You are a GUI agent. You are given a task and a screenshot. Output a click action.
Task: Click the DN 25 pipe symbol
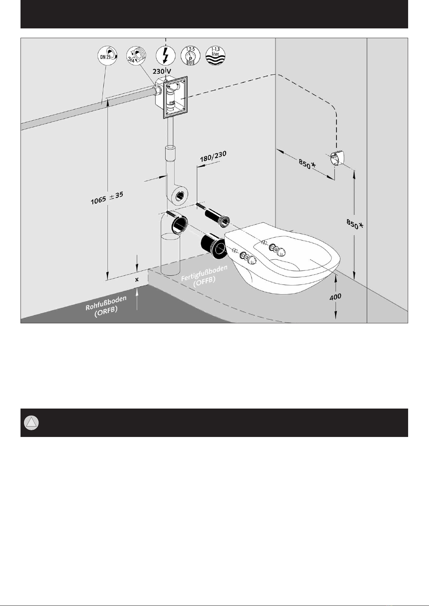(108, 56)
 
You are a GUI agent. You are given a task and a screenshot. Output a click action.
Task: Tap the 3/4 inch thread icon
(136, 56)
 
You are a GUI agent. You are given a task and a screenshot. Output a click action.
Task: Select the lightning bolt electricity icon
(166, 56)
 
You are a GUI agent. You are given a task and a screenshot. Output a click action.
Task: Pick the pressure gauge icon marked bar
(190, 56)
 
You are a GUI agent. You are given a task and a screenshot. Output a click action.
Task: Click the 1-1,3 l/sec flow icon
(216, 56)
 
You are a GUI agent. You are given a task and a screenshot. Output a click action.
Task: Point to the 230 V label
(162, 71)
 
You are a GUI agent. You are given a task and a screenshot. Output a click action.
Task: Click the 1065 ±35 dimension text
(107, 198)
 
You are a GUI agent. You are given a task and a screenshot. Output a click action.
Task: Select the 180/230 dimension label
(213, 156)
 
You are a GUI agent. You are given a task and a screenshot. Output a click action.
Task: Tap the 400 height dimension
(335, 297)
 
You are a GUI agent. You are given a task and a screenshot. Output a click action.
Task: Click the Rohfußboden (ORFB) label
(106, 306)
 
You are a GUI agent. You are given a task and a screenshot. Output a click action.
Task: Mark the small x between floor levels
(137, 279)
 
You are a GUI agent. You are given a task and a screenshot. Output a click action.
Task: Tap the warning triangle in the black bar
(31, 423)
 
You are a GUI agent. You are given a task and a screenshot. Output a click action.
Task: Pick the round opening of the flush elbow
(180, 196)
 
